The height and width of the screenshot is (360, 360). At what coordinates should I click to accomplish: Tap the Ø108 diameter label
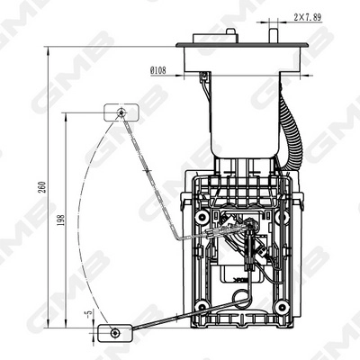157,68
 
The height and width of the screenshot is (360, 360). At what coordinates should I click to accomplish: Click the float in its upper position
119,112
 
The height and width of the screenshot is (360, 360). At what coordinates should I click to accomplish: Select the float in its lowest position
114,332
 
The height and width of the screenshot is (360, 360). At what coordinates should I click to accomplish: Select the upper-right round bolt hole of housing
281,219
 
